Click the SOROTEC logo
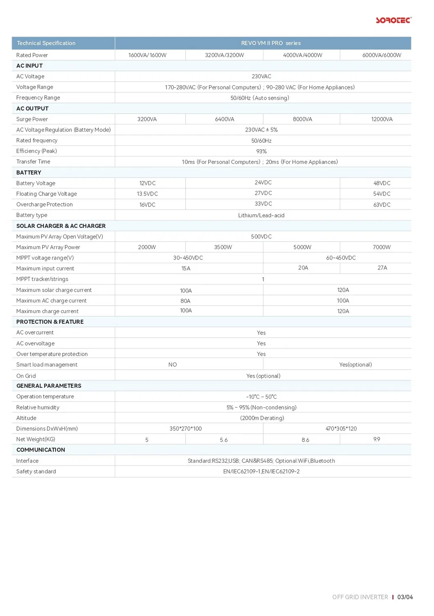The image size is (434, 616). click(x=393, y=20)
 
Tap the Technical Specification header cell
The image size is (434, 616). click(x=46, y=43)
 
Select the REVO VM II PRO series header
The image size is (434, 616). click(x=270, y=43)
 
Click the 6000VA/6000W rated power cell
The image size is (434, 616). click(x=382, y=55)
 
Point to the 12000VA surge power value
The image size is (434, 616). click(x=382, y=119)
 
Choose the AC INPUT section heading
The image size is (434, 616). click(x=30, y=66)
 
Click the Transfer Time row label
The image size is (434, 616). click(x=33, y=162)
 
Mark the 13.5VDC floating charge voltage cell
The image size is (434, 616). click(x=147, y=194)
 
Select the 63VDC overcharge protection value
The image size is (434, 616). click(x=382, y=205)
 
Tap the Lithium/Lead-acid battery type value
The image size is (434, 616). click(x=261, y=216)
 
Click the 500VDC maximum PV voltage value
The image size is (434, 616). click(x=261, y=237)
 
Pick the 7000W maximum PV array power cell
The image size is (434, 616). click(x=382, y=248)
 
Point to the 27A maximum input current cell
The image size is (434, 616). click(x=382, y=268)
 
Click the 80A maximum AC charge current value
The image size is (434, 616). click(x=185, y=301)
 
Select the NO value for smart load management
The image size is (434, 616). click(x=173, y=365)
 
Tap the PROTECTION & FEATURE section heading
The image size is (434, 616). click(x=50, y=322)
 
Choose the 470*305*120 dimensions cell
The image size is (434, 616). click(x=341, y=429)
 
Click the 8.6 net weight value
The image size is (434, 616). click(x=305, y=440)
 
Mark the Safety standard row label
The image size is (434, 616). click(x=36, y=472)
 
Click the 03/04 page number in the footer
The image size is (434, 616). click(x=405, y=597)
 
